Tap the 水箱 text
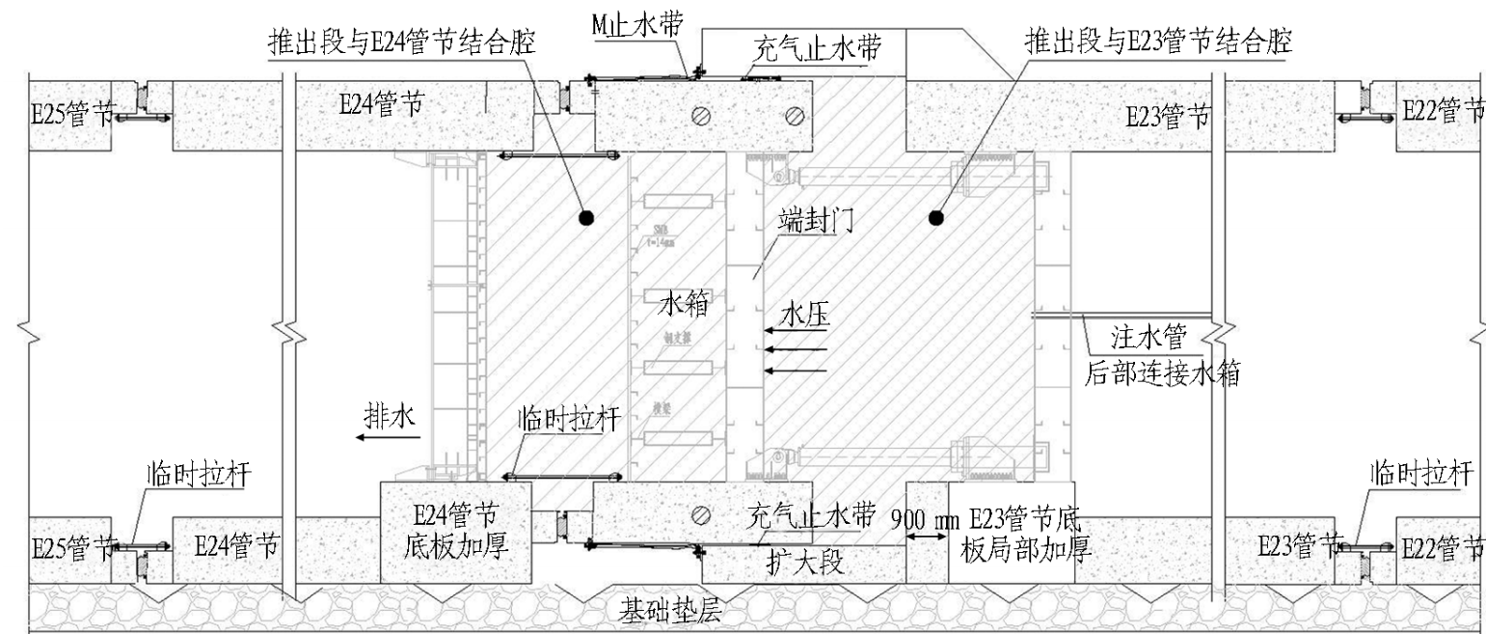point(685,305)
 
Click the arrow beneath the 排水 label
point(387,437)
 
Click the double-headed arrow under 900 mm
point(926,537)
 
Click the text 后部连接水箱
point(1162,373)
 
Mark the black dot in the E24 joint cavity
point(584,218)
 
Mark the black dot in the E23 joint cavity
point(934,218)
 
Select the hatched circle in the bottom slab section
point(704,512)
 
